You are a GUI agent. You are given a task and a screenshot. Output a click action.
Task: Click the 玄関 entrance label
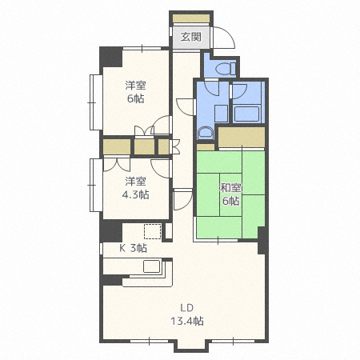coord(190,37)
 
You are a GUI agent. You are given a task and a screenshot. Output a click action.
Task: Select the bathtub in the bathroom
coord(247,112)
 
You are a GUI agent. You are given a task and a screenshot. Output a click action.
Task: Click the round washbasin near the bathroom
coord(205,134)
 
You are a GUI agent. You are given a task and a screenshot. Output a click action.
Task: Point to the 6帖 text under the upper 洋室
coord(134,99)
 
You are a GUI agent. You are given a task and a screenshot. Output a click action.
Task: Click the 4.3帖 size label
coord(134,195)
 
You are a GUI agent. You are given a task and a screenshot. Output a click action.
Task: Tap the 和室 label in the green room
coord(230,188)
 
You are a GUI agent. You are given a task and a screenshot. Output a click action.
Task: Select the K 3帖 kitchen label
coord(133,248)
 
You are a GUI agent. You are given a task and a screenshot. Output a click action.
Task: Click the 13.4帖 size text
coord(187,321)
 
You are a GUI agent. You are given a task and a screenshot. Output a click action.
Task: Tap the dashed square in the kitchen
coord(152,233)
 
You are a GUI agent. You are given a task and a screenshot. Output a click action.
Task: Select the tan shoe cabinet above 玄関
coord(190,18)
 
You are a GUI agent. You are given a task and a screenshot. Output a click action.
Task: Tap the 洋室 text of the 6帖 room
coord(134,86)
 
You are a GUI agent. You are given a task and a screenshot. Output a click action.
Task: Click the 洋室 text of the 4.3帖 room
coord(134,182)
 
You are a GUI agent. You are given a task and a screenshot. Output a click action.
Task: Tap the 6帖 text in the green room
coord(230,202)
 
